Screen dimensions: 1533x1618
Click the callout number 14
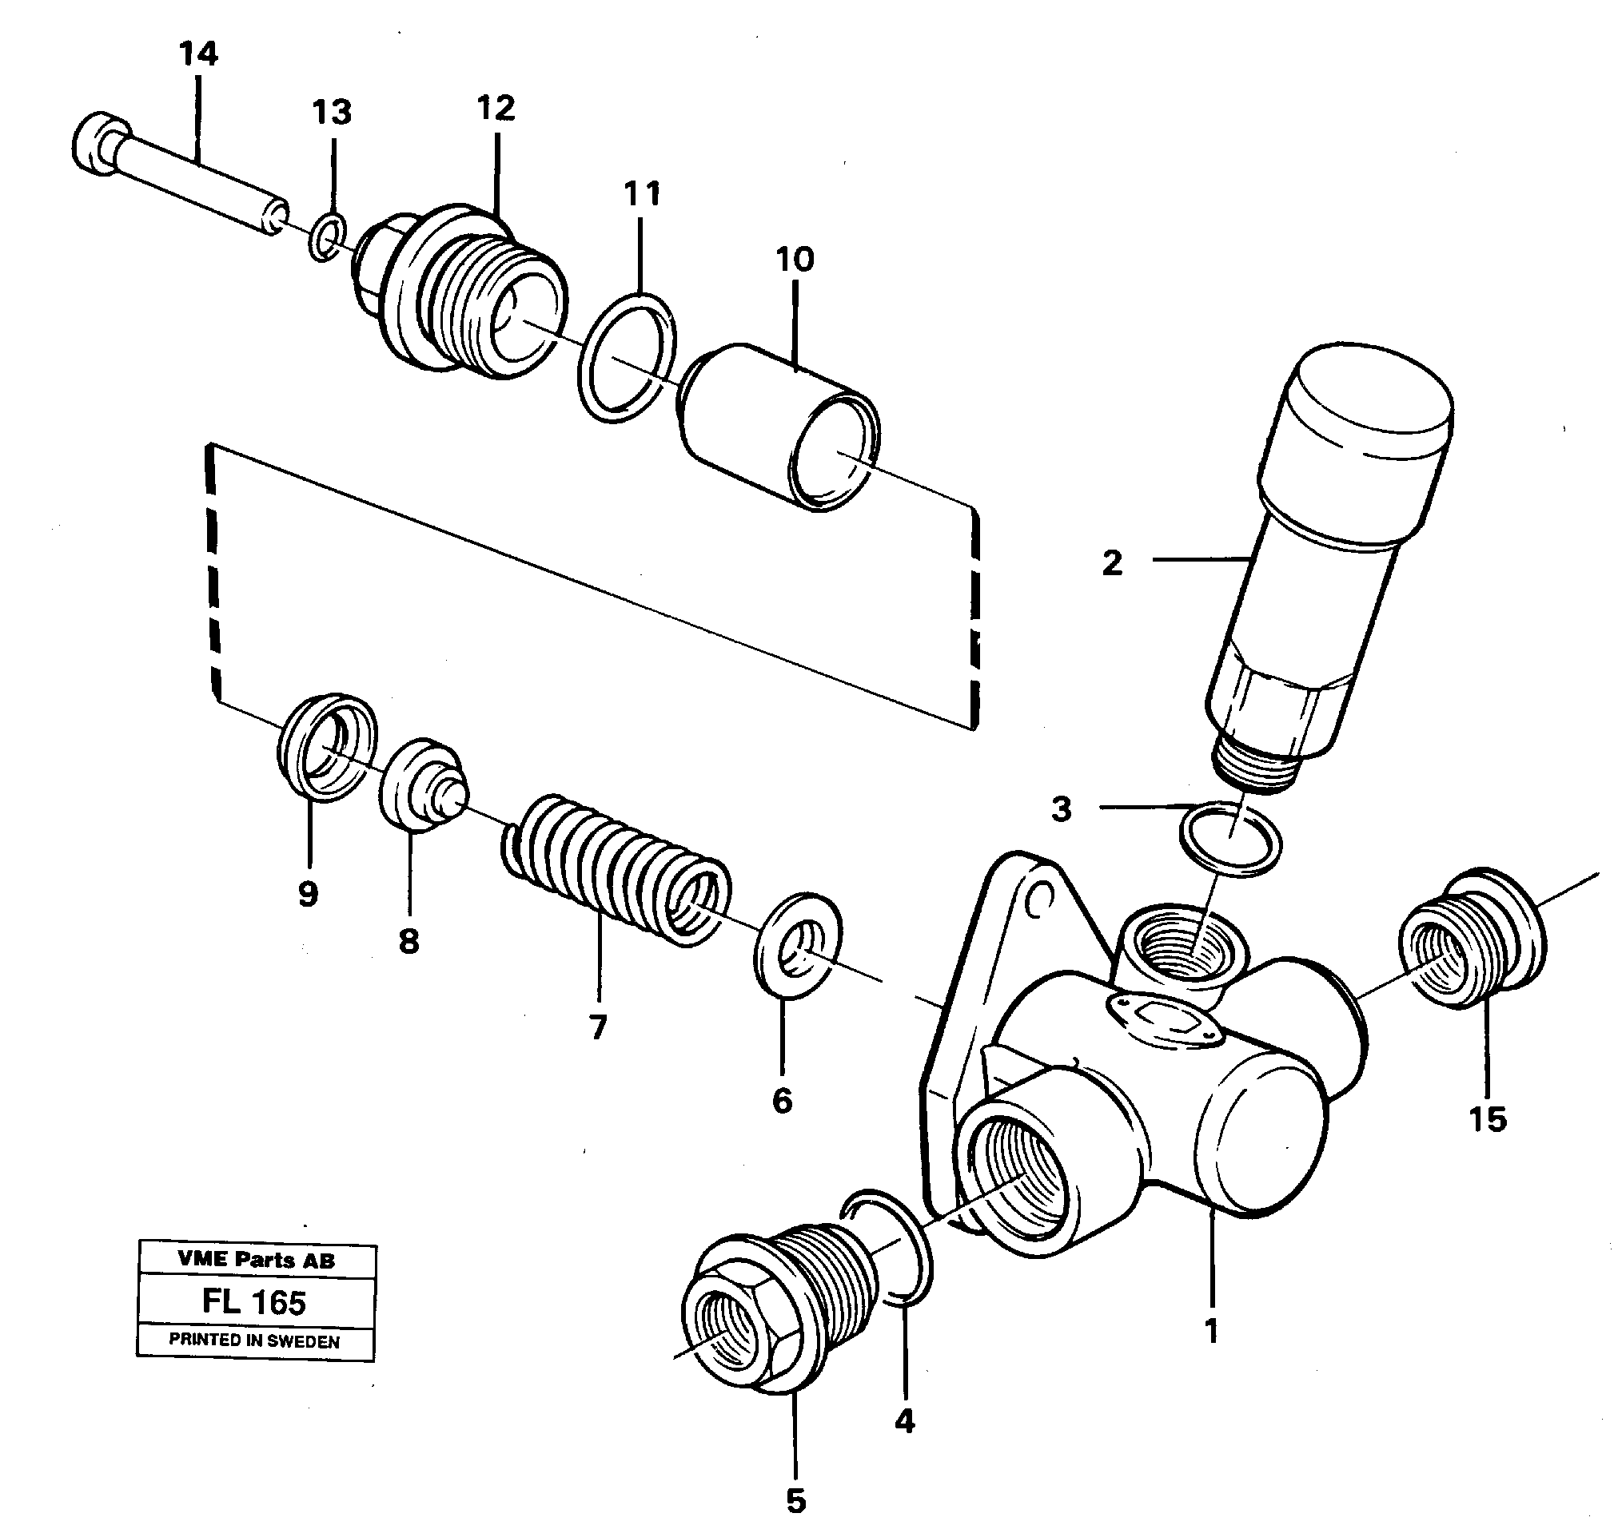(x=199, y=55)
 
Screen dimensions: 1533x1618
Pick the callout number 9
(x=308, y=894)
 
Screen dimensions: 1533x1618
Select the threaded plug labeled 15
(x=1471, y=939)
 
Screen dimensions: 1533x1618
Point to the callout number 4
(x=904, y=1422)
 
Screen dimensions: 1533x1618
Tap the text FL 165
(x=254, y=1302)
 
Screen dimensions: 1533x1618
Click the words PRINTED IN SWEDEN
(x=254, y=1341)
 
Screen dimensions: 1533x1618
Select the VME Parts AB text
(x=256, y=1260)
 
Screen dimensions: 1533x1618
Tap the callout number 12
(x=496, y=109)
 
